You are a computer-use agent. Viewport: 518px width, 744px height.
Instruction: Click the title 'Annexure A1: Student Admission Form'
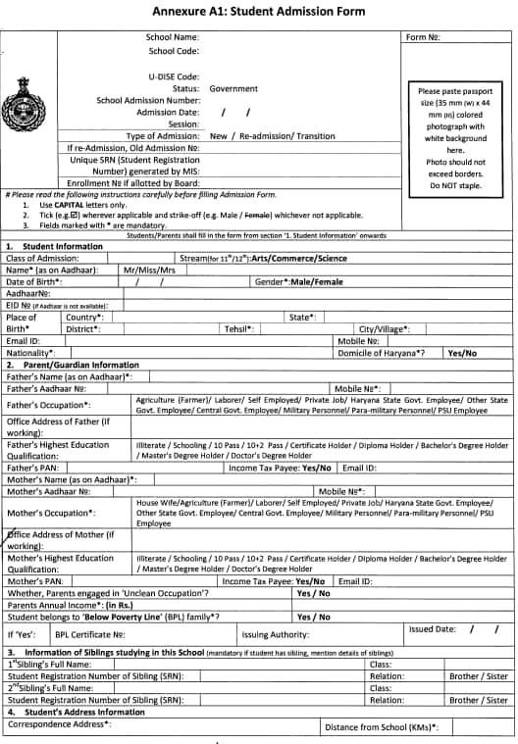coord(258,12)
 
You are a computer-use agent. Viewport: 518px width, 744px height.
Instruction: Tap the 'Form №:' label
coord(422,37)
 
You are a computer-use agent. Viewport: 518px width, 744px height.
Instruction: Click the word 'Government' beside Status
coord(233,88)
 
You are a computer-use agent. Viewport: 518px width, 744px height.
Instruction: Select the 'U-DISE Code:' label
coord(174,75)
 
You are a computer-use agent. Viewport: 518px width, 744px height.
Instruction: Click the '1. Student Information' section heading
coord(54,246)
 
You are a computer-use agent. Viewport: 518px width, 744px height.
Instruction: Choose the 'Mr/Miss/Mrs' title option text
coord(149,270)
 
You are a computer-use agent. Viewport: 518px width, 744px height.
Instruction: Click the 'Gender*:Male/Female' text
coord(299,281)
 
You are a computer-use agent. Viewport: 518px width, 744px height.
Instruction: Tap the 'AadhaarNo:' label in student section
coord(27,293)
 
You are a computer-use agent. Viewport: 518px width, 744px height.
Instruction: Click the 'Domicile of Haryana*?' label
coord(381,352)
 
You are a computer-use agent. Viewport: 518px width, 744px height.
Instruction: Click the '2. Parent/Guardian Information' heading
coord(73,365)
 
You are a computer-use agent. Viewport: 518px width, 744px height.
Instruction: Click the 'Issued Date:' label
coord(432,629)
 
